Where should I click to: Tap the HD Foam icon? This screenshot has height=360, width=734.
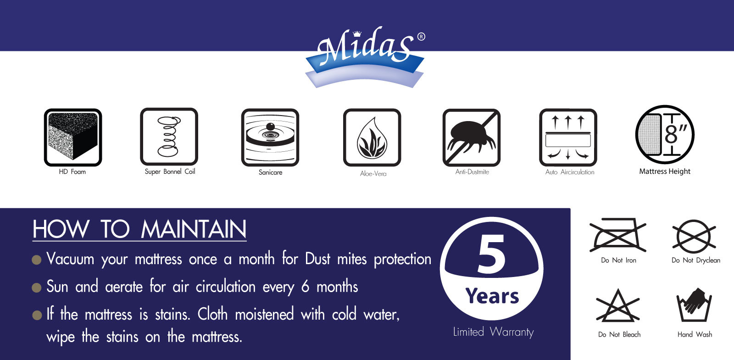(x=73, y=137)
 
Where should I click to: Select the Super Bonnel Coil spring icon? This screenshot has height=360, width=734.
(x=169, y=137)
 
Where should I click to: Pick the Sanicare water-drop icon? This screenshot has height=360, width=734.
(x=270, y=137)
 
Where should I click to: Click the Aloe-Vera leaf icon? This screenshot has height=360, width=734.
(x=372, y=137)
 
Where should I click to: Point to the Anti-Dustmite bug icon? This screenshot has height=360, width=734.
(x=471, y=138)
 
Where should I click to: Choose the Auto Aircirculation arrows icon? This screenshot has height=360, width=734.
(x=568, y=138)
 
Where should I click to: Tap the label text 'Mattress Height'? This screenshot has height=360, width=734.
(x=665, y=172)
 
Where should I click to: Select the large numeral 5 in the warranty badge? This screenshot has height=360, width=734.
(x=491, y=254)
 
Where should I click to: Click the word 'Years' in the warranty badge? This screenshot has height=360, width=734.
(x=492, y=296)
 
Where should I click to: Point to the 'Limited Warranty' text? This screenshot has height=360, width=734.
(x=493, y=332)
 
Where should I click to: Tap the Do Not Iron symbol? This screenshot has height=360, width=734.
(x=617, y=234)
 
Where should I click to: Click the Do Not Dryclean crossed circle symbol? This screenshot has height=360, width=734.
(x=694, y=237)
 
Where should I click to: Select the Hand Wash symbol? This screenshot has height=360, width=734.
(x=694, y=305)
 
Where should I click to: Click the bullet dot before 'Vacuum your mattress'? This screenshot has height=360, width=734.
(x=36, y=260)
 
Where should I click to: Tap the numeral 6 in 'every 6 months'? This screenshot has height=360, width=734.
(x=305, y=286)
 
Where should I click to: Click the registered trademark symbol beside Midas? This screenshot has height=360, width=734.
(x=422, y=36)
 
